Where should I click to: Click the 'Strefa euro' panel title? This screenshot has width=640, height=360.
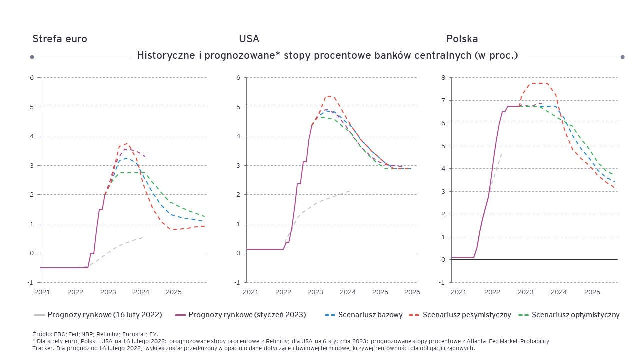tap(60, 39)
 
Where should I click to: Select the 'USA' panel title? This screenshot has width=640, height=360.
tap(249, 39)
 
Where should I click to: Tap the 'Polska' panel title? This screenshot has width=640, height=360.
tap(462, 39)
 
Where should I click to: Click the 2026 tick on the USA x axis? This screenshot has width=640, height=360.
tap(412, 292)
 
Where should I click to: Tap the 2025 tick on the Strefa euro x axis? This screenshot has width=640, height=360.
tap(174, 292)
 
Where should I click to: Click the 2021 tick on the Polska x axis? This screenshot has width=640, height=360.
tap(458, 292)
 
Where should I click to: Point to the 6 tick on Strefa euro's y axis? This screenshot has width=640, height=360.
tap(32, 78)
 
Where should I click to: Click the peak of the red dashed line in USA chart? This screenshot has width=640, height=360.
tap(328, 96)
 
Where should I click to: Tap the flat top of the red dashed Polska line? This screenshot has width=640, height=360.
tap(539, 83)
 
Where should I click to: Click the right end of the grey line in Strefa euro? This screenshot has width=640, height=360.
tap(143, 237)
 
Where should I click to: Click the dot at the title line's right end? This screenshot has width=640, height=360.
tap(622, 57)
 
